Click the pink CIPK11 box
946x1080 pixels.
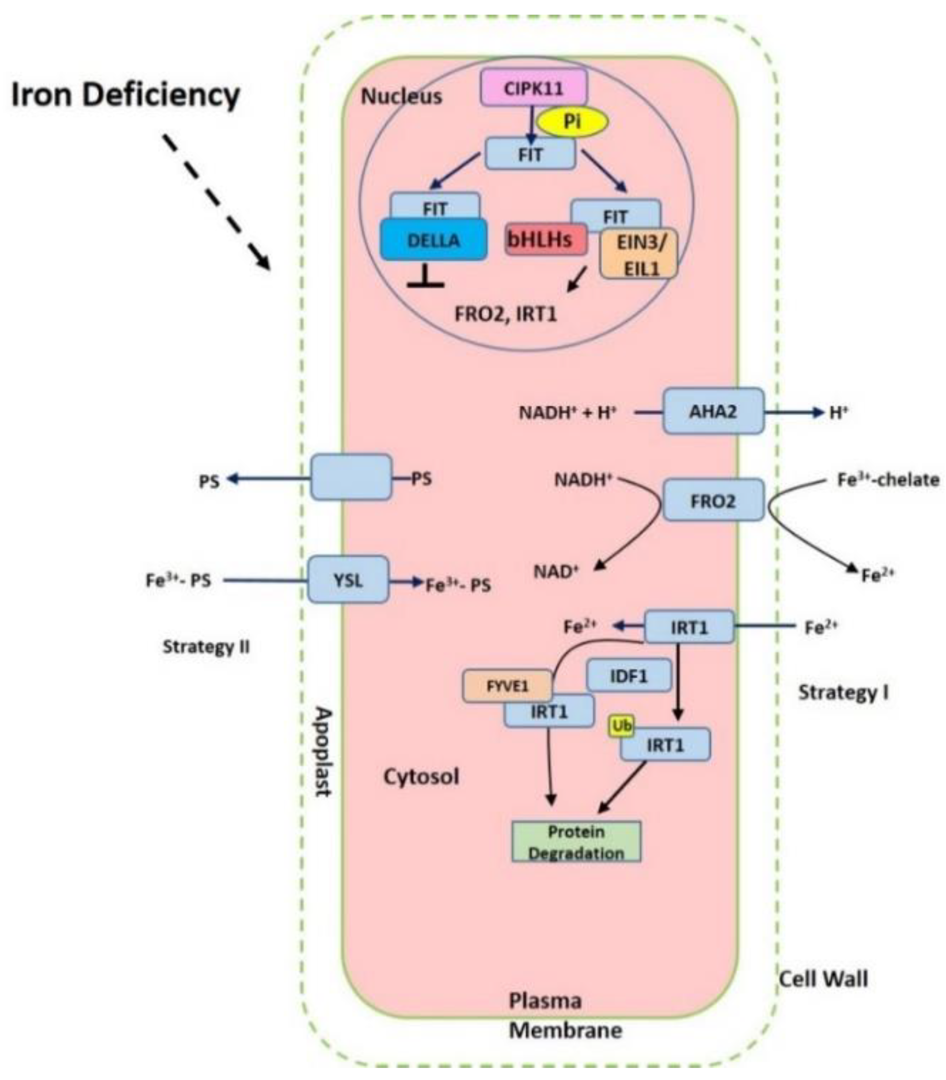coord(533,88)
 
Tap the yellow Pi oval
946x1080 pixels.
coord(572,122)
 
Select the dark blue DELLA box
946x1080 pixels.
coord(433,241)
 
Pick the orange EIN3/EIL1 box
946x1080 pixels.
coord(639,255)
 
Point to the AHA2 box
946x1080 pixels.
coord(713,411)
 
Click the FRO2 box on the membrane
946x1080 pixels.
coord(713,500)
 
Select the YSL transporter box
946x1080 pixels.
coord(348,580)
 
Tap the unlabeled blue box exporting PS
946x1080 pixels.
coord(351,477)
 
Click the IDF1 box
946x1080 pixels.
coord(628,675)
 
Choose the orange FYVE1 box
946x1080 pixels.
coord(507,686)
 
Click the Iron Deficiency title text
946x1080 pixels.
coord(126,95)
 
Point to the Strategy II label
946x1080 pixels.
coord(206,646)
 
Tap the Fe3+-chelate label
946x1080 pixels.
coord(888,480)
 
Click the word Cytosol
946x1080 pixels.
coord(421,776)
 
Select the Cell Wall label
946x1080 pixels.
coord(823,979)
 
